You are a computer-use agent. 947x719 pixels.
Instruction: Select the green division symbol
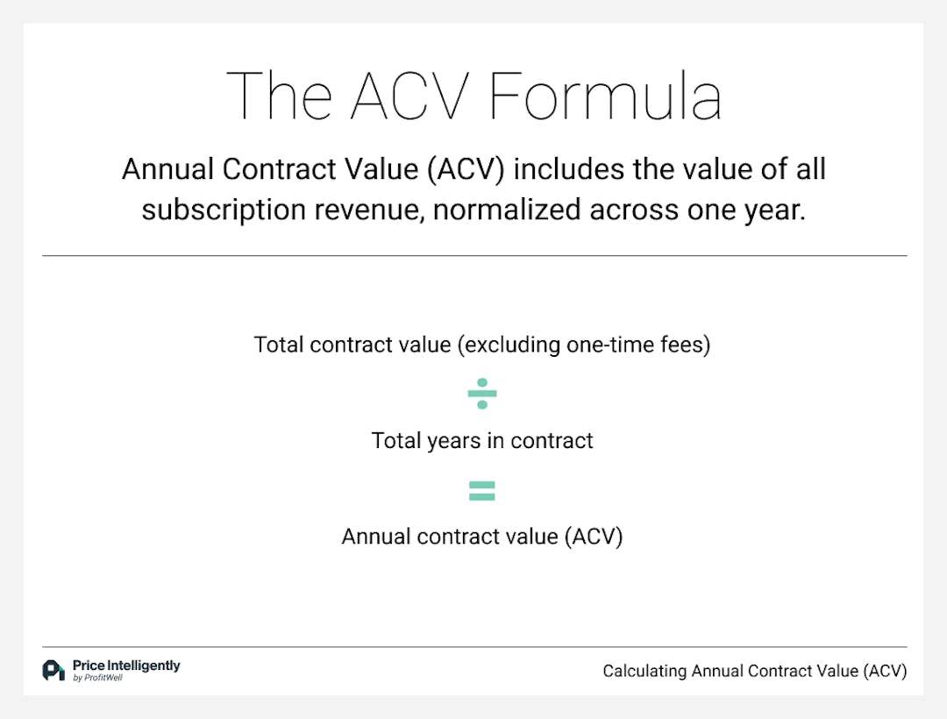coord(482,393)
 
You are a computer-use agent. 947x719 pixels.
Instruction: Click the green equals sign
coord(482,491)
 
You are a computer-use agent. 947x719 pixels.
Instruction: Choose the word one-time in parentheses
coord(617,345)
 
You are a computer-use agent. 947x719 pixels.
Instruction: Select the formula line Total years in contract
coord(482,440)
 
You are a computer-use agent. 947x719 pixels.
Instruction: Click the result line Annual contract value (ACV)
coord(482,537)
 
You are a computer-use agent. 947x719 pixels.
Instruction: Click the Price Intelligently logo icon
coord(53,671)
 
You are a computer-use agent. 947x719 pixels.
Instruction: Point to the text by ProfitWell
coord(97,678)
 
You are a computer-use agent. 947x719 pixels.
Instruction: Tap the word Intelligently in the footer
coord(144,666)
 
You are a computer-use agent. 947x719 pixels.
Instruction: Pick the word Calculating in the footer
coord(644,672)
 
